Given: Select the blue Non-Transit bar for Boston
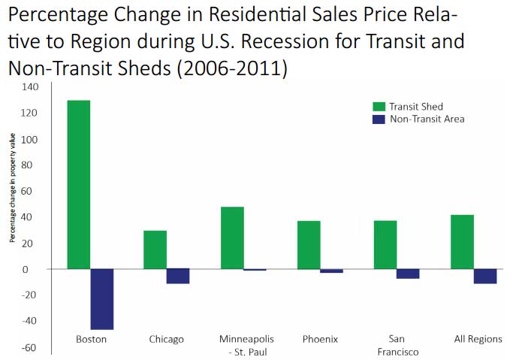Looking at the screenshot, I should click(x=102, y=299).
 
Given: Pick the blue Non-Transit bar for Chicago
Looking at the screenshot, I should click(x=178, y=276).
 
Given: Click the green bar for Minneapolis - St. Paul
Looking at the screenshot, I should click(x=232, y=237).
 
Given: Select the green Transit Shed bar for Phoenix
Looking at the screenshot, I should click(x=309, y=245).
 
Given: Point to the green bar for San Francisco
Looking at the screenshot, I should click(x=385, y=245).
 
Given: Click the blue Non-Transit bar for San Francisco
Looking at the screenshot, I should click(x=408, y=274).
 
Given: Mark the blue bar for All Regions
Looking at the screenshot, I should click(x=484, y=276).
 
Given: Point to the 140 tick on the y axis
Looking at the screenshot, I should click(x=31, y=87).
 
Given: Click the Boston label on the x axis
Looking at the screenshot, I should click(x=91, y=339).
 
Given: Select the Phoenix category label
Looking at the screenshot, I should click(x=321, y=339).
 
